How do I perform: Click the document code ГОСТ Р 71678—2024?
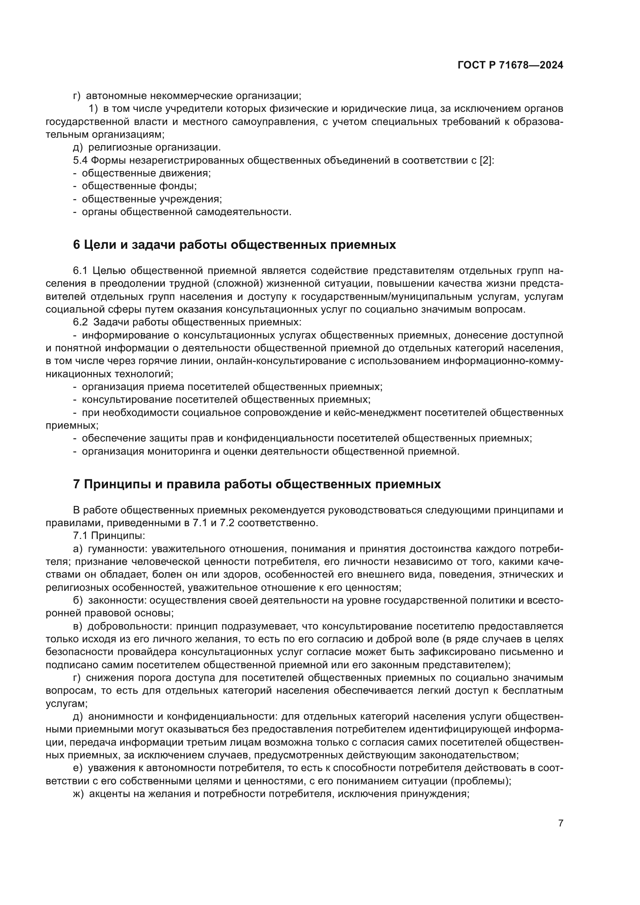point(510,65)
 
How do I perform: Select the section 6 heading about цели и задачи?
point(234,245)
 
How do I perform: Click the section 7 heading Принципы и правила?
point(257,484)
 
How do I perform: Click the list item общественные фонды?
point(139,186)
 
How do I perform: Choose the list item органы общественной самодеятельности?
point(187,212)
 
